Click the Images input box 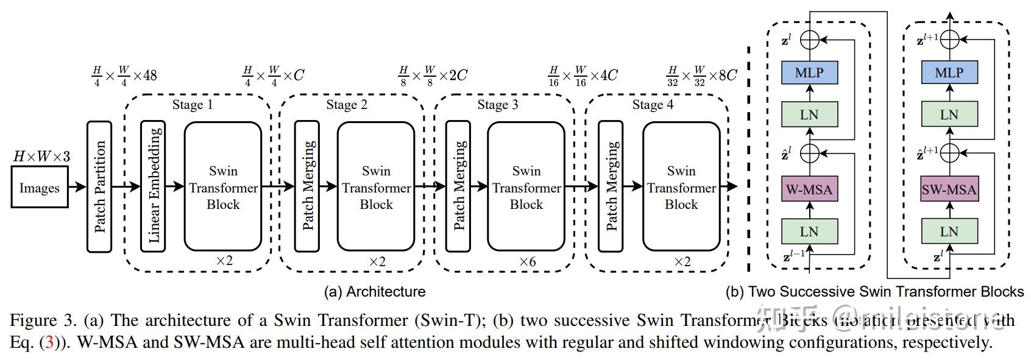pos(39,188)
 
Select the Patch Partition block pos(99,186)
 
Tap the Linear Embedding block pos(153,186)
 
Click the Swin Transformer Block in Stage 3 pos(526,186)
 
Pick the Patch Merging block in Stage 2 pos(307,186)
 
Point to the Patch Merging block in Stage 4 pos(611,186)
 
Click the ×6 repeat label pos(527,261)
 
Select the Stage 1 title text pos(193,105)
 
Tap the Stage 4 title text pos(653,105)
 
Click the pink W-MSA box pos(809,189)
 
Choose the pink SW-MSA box pos(949,189)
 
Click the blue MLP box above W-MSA pos(809,73)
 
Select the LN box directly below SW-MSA pos(949,231)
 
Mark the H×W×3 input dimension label pos(41,157)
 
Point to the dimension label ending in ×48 pos(124,76)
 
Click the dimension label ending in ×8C pos(702,76)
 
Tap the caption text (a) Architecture pos(375,291)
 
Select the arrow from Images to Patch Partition pos(77,187)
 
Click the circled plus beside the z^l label pos(809,40)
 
